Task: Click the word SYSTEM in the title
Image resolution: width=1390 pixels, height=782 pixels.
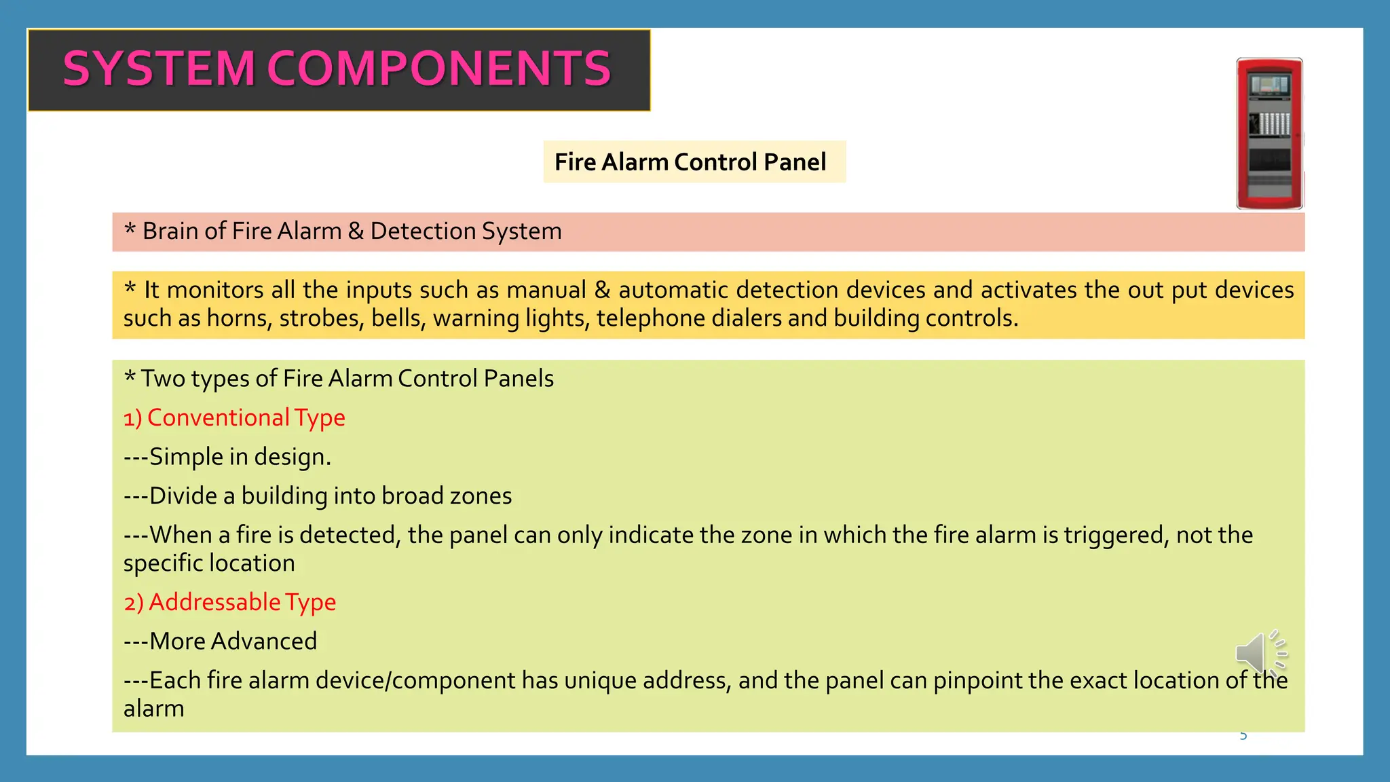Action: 158,69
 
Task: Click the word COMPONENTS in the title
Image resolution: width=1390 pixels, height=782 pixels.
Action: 439,69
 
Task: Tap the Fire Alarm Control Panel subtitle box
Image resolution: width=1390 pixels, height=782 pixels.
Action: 694,162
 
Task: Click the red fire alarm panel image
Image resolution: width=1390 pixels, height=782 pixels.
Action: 1269,134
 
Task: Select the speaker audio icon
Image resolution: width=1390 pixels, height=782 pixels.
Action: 1260,652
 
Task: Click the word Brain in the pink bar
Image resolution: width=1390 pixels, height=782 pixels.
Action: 170,231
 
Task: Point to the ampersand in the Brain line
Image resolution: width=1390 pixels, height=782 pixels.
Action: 356,231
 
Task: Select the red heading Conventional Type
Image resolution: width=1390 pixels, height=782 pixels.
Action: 235,418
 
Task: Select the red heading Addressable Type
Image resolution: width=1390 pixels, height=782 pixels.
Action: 230,603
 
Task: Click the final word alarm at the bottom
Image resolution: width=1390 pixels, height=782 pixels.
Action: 154,709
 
